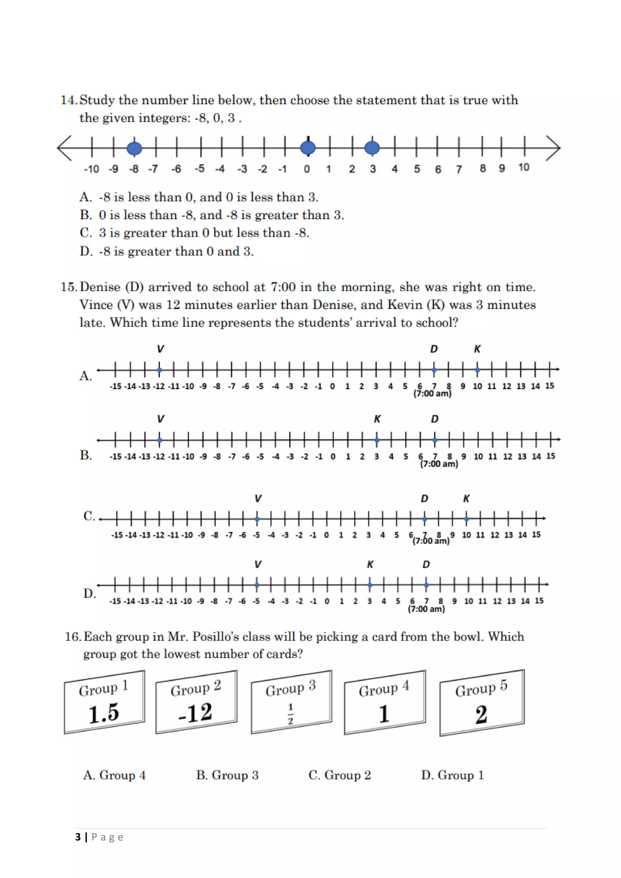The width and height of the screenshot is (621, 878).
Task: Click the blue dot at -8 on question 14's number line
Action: click(x=134, y=148)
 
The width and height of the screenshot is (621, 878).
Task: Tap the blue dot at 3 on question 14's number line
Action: click(x=372, y=148)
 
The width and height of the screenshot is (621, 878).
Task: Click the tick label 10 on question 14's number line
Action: click(x=523, y=167)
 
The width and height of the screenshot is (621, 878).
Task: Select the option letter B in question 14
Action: click(x=85, y=215)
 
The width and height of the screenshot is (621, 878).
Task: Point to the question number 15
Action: click(x=69, y=287)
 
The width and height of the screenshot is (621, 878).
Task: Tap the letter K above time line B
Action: click(x=377, y=419)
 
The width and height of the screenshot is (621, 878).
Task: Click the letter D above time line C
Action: click(x=425, y=499)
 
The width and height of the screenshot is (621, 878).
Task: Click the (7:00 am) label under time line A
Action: click(x=432, y=393)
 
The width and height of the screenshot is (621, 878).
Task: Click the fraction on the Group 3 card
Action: click(x=290, y=714)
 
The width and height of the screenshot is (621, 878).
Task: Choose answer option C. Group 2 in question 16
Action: click(x=340, y=775)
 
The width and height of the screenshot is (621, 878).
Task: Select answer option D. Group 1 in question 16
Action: click(x=452, y=775)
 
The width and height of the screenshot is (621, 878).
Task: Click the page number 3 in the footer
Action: click(x=78, y=837)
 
